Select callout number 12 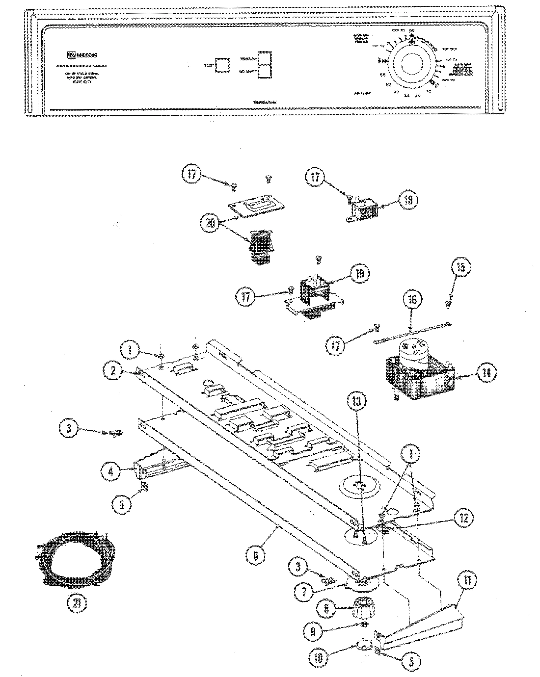click(463, 517)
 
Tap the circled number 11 click(466, 581)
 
